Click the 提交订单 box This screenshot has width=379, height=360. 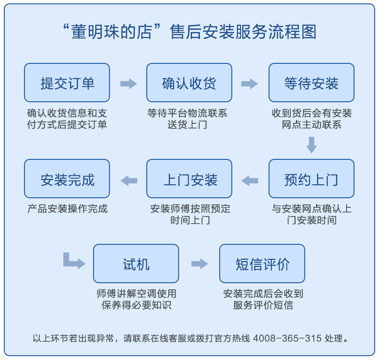67,83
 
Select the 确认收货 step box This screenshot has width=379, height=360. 189,83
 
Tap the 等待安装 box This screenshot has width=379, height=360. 311,83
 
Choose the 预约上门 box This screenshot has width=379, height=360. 311,179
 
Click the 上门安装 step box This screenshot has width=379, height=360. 189,179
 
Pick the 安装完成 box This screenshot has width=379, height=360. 67,179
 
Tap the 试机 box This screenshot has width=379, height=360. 136,264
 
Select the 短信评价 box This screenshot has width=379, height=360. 262,264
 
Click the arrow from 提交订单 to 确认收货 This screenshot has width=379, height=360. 129,84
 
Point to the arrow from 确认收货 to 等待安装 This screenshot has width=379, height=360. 249,84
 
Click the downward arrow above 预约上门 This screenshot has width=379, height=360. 311,145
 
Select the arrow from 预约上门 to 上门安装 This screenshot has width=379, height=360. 249,180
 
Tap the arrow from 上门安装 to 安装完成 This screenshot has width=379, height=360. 129,180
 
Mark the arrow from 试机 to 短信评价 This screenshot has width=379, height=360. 200,264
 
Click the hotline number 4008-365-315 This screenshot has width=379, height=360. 287,338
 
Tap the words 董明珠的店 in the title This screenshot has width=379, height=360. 112,32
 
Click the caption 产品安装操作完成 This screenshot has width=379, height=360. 68,209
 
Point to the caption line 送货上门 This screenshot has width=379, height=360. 187,125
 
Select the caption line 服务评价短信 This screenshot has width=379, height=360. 263,305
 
